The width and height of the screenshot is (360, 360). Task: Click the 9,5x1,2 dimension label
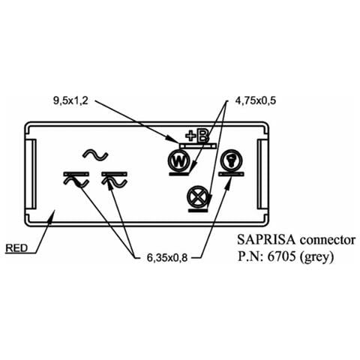click(x=70, y=101)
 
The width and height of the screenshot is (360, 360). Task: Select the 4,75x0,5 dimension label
click(x=256, y=100)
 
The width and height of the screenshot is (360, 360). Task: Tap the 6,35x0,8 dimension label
click(x=167, y=258)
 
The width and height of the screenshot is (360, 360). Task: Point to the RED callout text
click(x=16, y=248)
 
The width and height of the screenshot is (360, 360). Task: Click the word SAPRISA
click(x=266, y=240)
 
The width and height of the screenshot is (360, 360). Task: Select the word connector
click(x=328, y=240)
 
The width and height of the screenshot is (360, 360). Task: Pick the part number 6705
click(x=281, y=256)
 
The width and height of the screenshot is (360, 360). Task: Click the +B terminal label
click(x=197, y=136)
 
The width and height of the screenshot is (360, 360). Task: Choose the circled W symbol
click(x=179, y=161)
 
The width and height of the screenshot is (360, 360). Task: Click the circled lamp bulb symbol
click(x=231, y=161)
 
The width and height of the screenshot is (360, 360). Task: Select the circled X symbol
click(x=198, y=197)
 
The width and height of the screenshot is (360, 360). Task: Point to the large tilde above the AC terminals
click(x=95, y=155)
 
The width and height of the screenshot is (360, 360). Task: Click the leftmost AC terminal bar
click(x=76, y=174)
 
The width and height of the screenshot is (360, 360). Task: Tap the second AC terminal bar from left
click(x=114, y=174)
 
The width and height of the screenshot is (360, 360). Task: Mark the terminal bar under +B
click(x=198, y=145)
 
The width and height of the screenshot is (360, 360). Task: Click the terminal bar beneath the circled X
click(x=198, y=211)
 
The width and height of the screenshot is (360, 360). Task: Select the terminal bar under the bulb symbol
click(x=231, y=174)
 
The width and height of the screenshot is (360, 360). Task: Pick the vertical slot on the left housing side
click(x=33, y=174)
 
